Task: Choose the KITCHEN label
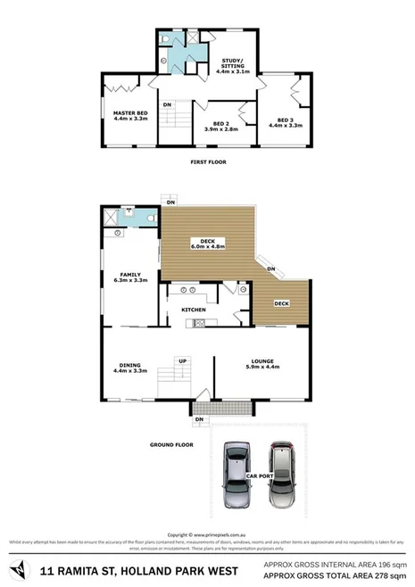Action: pyautogui.click(x=195, y=310)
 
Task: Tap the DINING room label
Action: pyautogui.click(x=130, y=365)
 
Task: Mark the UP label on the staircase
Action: pyautogui.click(x=183, y=361)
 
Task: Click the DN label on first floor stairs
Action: pyautogui.click(x=167, y=105)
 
